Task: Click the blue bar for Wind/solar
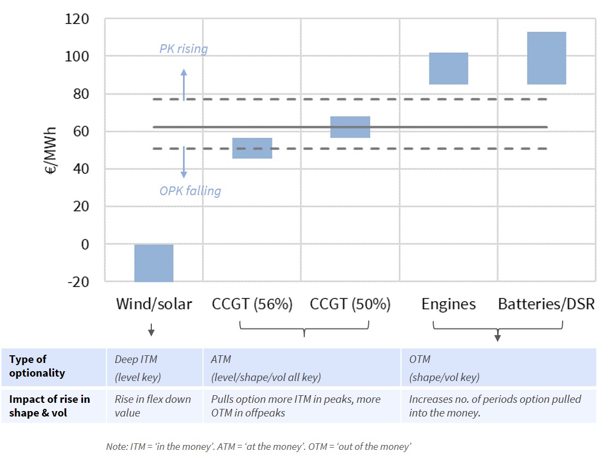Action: pos(153,263)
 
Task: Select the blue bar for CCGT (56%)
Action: pos(252,148)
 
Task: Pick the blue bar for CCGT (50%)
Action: pos(350,127)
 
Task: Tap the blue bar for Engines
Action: pos(448,68)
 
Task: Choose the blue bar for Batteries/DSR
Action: pos(546,58)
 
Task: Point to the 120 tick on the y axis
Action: pos(77,20)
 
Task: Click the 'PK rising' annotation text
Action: pos(184,49)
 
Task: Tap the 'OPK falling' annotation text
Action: pos(190,191)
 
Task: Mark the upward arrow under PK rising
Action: pos(184,85)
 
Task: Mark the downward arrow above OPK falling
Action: pos(184,162)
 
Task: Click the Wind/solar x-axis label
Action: pos(153,304)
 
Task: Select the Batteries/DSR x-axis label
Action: pos(546,304)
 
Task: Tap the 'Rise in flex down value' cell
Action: pos(153,406)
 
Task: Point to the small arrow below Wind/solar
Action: pos(151,330)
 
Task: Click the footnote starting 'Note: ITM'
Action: pos(258,447)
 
